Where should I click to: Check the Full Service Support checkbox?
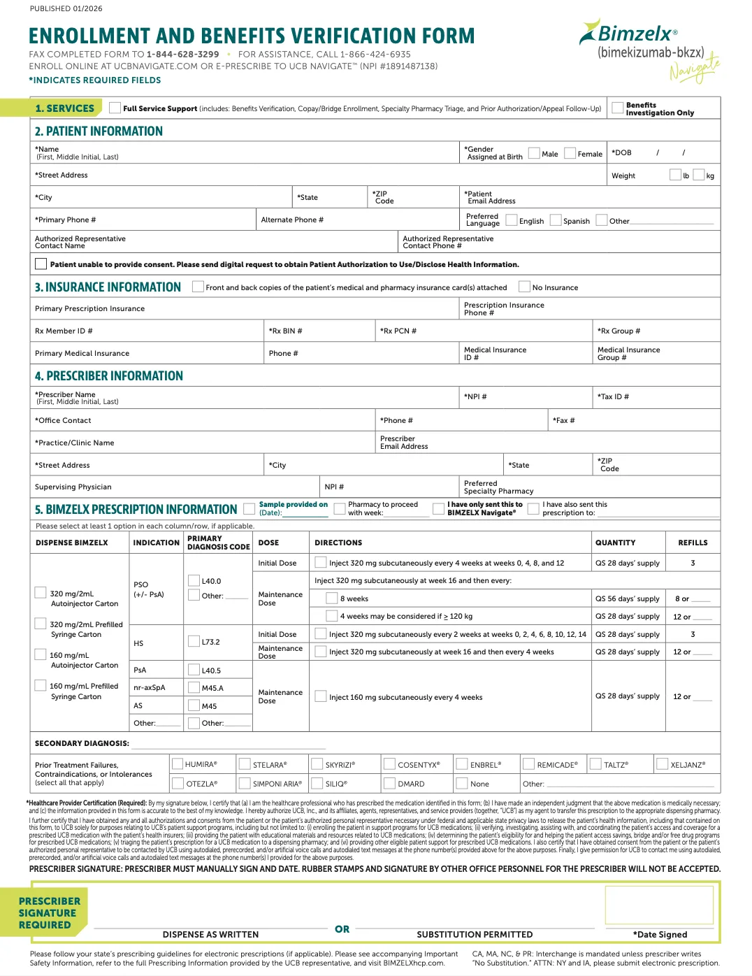pyautogui.click(x=115, y=108)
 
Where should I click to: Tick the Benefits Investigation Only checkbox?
pyautogui.click(x=617, y=108)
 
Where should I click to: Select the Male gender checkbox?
pyautogui.click(x=534, y=153)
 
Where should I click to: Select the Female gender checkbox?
pyautogui.click(x=570, y=153)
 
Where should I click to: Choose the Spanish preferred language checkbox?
pyautogui.click(x=556, y=220)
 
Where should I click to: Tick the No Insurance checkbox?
pyautogui.click(x=524, y=287)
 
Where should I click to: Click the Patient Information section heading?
pyautogui.click(x=99, y=131)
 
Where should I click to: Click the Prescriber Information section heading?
pyautogui.click(x=109, y=376)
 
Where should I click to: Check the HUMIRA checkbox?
pyautogui.click(x=178, y=764)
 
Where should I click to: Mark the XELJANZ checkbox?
pyautogui.click(x=662, y=764)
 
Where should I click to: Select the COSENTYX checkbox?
pyautogui.click(x=389, y=764)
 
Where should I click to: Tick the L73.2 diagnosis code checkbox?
pyautogui.click(x=194, y=641)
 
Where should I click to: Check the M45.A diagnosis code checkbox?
pyautogui.click(x=194, y=688)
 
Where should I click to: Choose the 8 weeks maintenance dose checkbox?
pyautogui.click(x=332, y=598)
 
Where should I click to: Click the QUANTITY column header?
pyautogui.click(x=615, y=543)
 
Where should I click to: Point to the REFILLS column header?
pyautogui.click(x=693, y=543)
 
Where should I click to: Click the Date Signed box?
pyautogui.click(x=659, y=905)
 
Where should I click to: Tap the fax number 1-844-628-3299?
pyautogui.click(x=182, y=54)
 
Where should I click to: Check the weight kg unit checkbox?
pyautogui.click(x=699, y=175)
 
